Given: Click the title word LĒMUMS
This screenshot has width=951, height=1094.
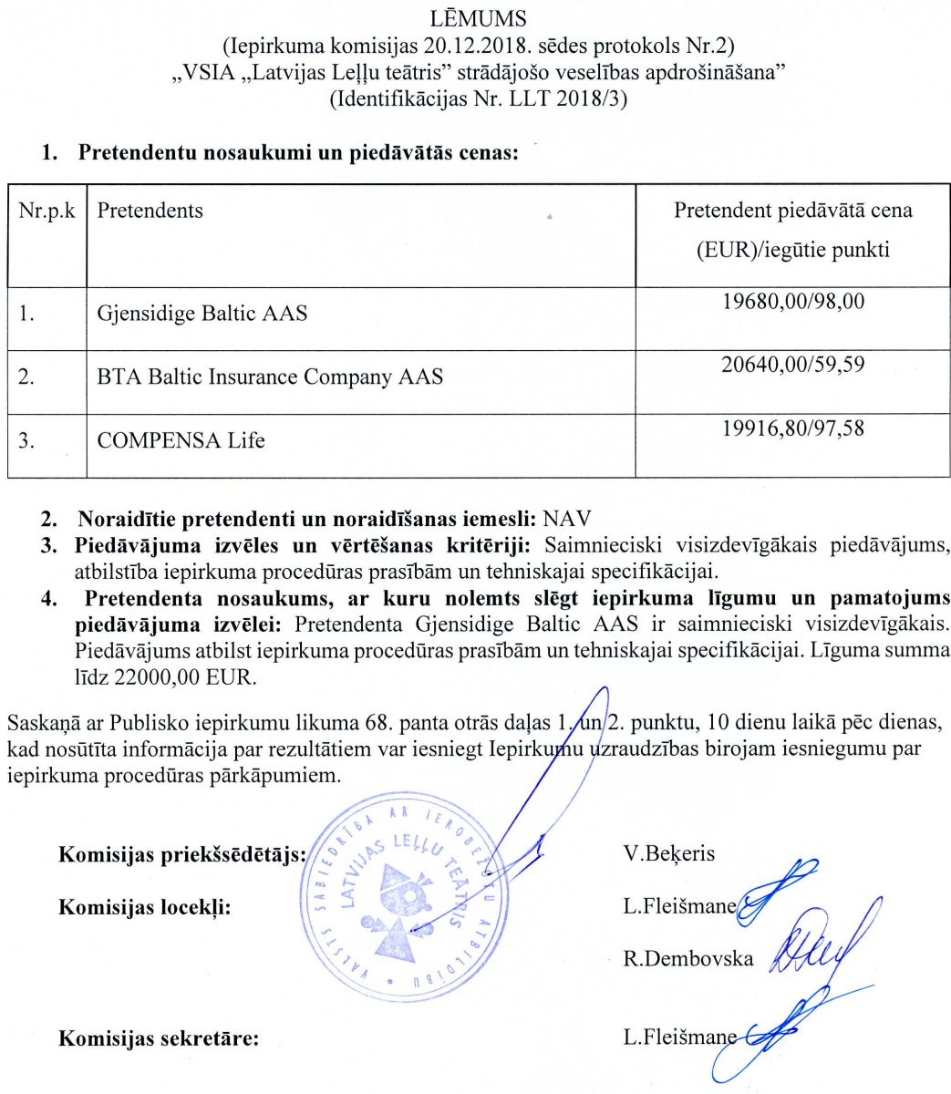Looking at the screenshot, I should point(474,17).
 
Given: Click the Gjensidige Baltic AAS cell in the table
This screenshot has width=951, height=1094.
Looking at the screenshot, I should point(202,314).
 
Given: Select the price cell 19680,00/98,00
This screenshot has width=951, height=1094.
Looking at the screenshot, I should point(792,301).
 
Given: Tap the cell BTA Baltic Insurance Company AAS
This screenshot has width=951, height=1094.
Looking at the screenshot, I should point(270,377).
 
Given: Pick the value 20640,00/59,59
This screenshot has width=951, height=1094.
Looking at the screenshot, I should point(792,365).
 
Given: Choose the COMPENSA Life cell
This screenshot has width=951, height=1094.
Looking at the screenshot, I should point(181,440).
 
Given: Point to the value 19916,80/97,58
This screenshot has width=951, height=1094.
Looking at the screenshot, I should point(792,428).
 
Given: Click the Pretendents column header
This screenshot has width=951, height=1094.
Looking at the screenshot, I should point(150,211).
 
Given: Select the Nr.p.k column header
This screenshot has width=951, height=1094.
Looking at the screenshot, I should point(47,211).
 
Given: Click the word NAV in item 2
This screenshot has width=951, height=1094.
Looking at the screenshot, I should point(566,520).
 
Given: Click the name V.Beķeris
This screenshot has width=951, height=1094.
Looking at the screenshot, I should point(669,853).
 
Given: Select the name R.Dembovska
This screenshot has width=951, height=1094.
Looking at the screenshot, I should point(688,959).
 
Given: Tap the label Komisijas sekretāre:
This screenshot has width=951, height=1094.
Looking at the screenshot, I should point(159,1038).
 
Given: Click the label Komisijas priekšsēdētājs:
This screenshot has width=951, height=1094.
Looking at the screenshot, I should point(181,854).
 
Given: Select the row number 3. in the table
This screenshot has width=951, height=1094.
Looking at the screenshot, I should point(27,440).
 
